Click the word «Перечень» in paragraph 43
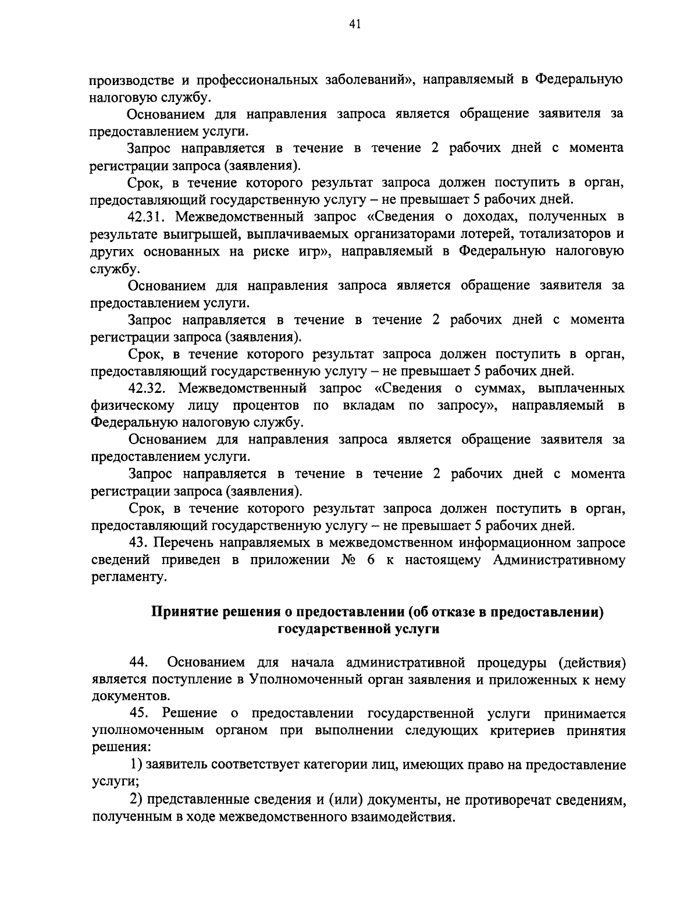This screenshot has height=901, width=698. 184,543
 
